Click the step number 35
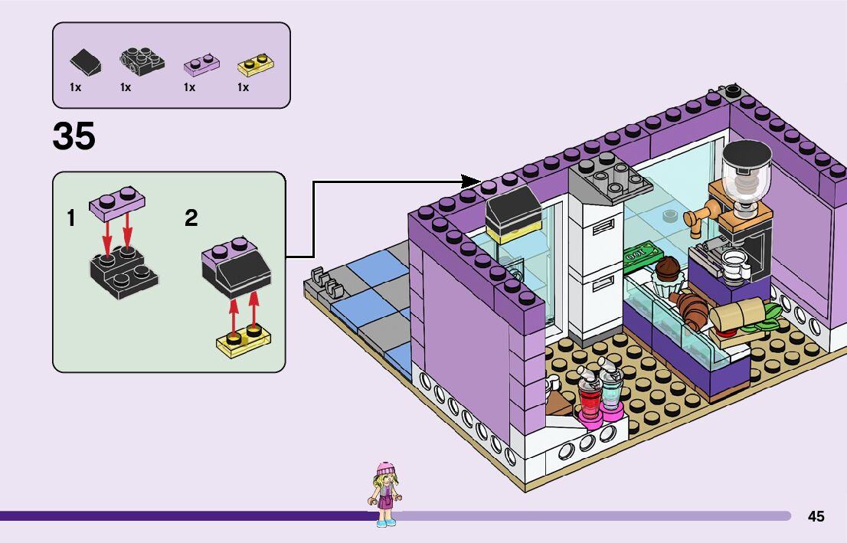coord(74,137)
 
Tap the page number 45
coord(816,517)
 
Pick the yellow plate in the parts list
coord(257,64)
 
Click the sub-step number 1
coord(71,218)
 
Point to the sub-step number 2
coord(191,218)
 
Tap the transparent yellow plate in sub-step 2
coord(245,340)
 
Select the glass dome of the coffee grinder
coord(747,172)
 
